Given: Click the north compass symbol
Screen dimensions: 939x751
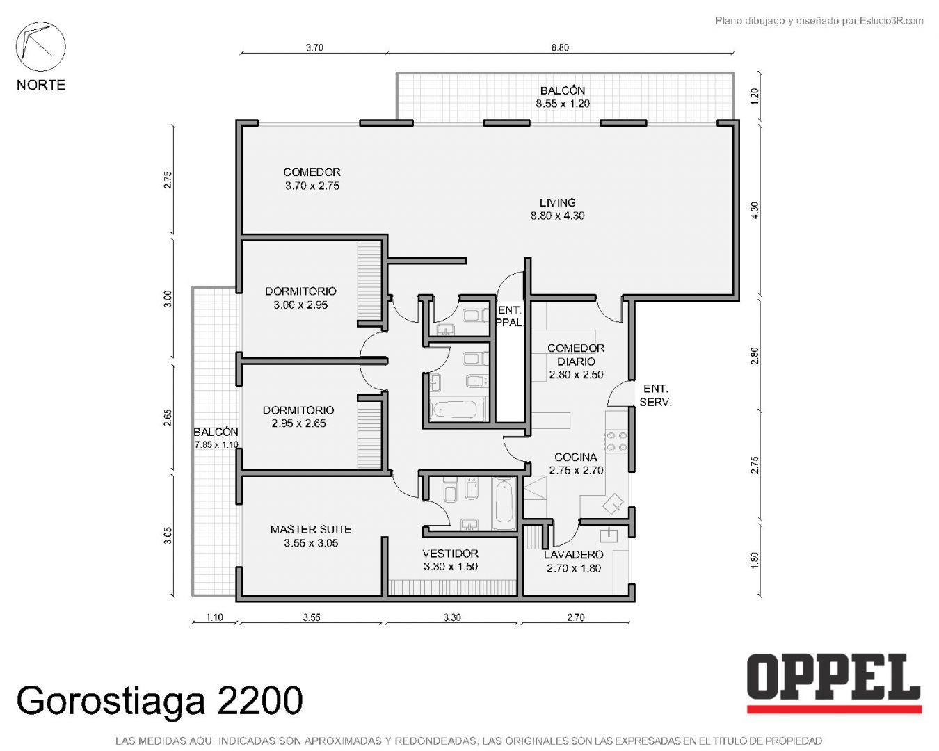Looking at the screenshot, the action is tap(40, 47).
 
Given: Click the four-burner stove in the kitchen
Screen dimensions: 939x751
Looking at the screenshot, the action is tap(617, 441).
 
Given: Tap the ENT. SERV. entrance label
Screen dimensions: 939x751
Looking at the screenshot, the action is tap(655, 396).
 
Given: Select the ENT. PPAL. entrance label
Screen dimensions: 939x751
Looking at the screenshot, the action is tap(510, 316).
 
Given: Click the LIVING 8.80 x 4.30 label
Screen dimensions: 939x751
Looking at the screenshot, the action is tap(557, 209).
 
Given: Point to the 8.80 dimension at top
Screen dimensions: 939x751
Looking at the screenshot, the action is tap(560, 47).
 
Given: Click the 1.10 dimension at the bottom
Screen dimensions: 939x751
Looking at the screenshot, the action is tap(214, 617).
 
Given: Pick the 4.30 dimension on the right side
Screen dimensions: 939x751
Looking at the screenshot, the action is tap(755, 210).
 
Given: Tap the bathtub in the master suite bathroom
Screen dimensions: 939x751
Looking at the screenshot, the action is tap(504, 503).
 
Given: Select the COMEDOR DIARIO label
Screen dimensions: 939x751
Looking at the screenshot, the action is tap(576, 362).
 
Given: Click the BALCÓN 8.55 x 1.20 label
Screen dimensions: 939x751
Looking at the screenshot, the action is tap(563, 97).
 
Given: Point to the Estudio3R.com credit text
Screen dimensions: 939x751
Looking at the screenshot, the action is tap(819, 20).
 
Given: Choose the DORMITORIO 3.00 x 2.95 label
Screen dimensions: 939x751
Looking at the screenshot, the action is tap(300, 298).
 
